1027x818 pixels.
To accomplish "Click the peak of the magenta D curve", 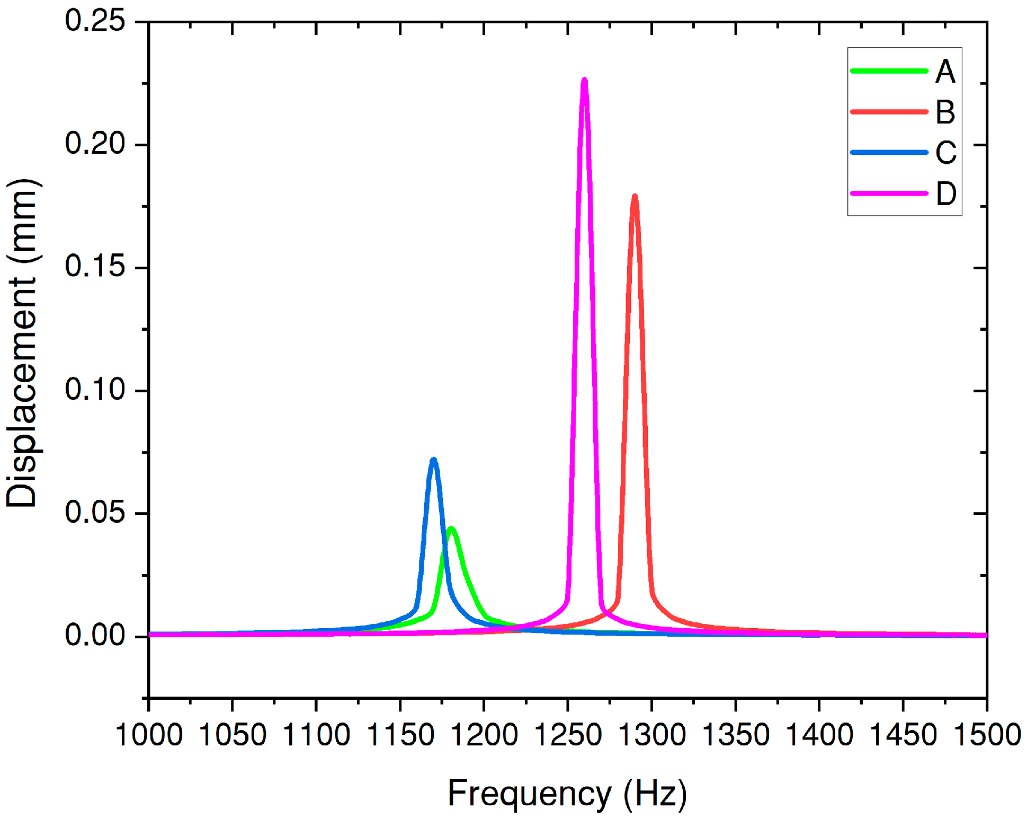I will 584,81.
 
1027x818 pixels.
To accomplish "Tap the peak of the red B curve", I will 635,197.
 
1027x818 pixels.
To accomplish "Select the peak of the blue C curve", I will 434,460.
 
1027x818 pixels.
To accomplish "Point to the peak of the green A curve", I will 451,529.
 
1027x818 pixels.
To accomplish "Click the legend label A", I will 945,72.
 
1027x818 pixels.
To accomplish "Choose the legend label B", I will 945,112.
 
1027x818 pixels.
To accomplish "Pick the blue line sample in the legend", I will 889,153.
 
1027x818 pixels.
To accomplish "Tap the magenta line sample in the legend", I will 889,193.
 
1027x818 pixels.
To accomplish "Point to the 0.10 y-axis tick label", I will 95,390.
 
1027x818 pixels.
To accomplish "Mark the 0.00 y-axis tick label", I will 95,635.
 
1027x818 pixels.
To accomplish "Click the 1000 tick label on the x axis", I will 149,735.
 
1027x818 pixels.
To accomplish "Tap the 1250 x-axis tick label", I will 568,735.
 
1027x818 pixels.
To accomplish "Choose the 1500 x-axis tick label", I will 987,735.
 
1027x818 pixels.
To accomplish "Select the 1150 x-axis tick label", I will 400,735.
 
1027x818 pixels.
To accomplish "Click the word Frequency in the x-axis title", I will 529,794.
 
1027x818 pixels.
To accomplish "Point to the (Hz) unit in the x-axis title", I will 655,794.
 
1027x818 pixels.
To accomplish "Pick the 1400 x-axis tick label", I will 819,735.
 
